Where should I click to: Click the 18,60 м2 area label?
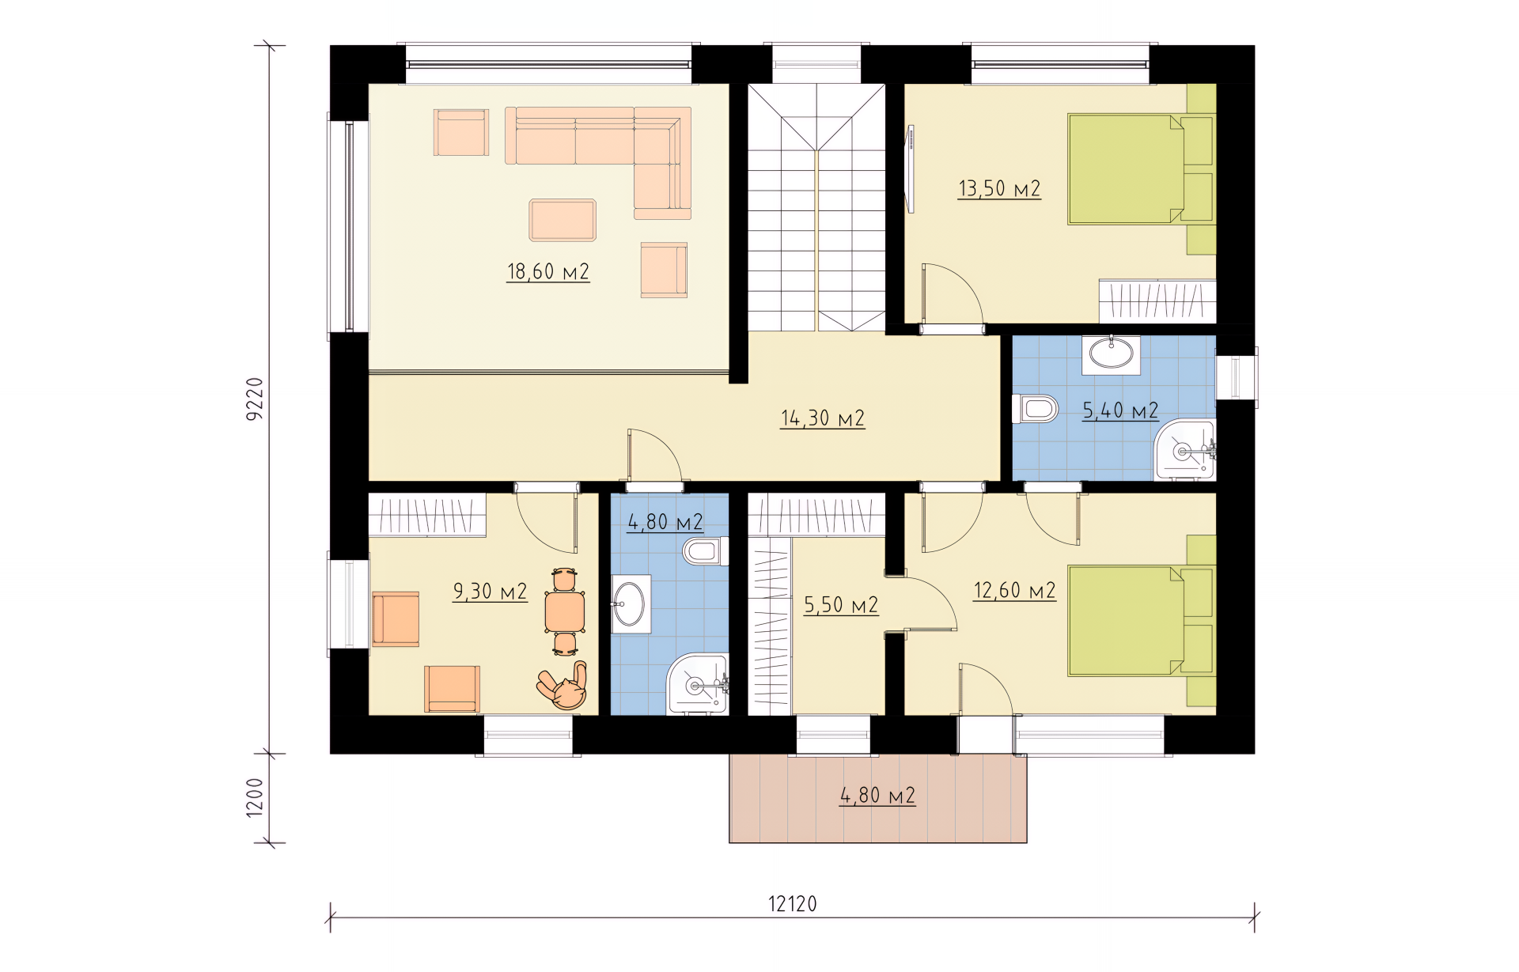548,272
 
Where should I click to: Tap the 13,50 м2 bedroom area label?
999,189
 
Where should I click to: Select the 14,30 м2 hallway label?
823,418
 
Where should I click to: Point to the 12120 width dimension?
793,903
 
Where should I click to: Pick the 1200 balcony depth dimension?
255,797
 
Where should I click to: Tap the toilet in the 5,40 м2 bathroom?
1036,410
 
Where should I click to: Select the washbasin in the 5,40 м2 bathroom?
1112,354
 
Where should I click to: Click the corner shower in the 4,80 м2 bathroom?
698,684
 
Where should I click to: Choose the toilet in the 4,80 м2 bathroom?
706,551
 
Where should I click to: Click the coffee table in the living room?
563,220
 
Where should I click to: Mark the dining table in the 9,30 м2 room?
565,612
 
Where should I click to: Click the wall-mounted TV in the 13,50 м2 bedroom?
911,168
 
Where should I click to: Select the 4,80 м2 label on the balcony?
878,795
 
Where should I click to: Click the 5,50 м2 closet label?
841,606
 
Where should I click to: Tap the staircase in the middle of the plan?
816,208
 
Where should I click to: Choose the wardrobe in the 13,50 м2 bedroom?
1157,301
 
